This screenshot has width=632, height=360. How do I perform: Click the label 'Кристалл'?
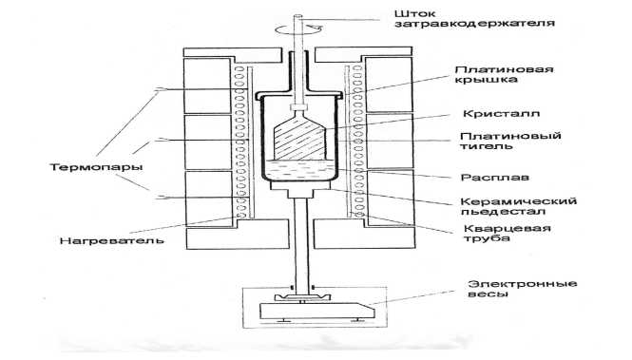[x=501, y=114]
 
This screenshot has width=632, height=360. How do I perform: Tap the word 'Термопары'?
[x=96, y=167]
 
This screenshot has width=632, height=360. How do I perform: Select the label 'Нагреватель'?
[x=111, y=241]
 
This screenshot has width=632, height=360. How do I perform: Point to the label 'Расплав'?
[x=495, y=178]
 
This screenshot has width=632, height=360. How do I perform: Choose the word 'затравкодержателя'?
[x=474, y=24]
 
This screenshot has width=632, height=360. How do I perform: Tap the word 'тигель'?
[x=486, y=145]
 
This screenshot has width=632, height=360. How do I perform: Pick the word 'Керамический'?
[x=519, y=201]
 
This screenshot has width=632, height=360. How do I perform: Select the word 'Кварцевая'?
[x=508, y=228]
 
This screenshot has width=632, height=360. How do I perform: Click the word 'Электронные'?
[x=523, y=283]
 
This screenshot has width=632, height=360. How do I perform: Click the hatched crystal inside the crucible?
[x=299, y=137]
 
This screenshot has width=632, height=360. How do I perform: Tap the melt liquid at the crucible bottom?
[x=299, y=169]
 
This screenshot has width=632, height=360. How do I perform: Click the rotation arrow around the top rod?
[x=298, y=28]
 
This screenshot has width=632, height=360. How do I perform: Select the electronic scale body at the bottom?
[x=317, y=312]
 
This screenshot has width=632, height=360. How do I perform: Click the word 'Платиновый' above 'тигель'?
[x=510, y=135]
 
